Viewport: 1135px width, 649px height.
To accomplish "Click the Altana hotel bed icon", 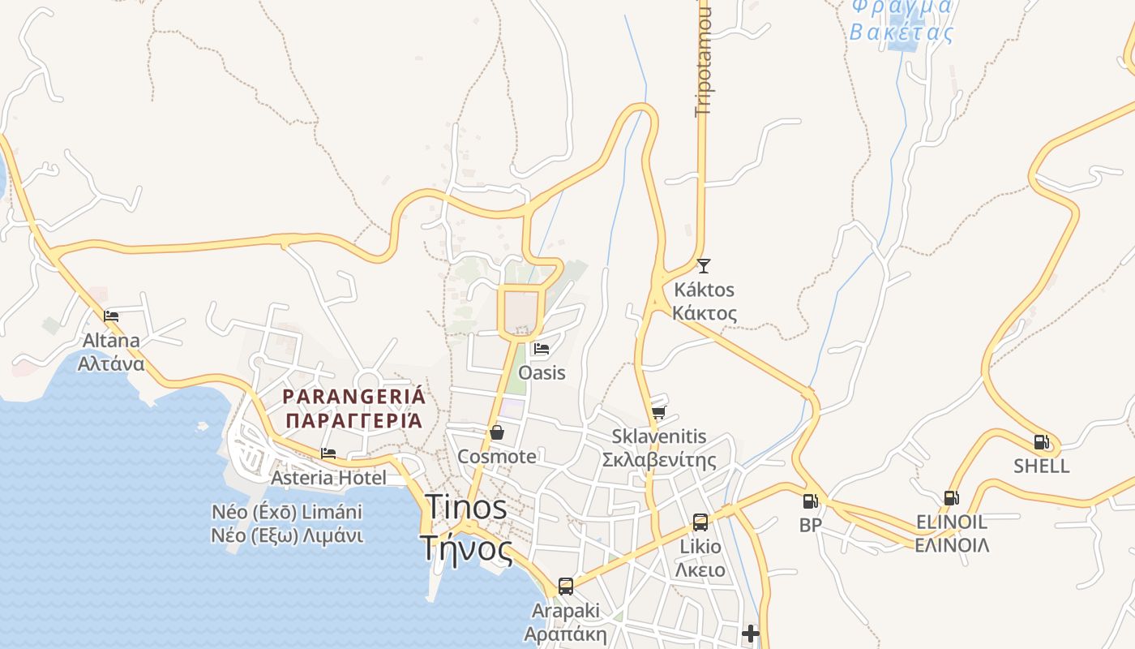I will point(111,316).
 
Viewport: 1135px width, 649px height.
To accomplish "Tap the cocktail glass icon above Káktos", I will point(703,265).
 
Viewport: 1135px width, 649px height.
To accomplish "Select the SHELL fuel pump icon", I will point(1042,442).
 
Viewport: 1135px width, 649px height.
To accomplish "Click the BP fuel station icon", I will point(810,501).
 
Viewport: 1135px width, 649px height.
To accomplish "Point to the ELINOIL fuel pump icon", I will point(951,497).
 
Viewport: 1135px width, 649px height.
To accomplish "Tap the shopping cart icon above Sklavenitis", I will point(658,412).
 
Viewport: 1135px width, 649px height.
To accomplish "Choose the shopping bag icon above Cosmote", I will point(497,432).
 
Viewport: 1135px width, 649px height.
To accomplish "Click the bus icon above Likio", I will point(700,522).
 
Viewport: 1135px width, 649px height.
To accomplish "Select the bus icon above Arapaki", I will point(565,586).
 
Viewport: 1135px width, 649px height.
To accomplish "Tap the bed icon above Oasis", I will point(542,349).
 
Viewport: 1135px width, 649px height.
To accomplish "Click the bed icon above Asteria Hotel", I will point(328,453).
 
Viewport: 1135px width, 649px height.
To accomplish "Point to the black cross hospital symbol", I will point(751,633).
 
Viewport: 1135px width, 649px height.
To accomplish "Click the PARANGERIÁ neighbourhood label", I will point(353,397).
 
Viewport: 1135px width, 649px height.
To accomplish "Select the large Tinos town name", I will point(466,508).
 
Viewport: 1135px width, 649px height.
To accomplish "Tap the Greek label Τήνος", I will point(467,549).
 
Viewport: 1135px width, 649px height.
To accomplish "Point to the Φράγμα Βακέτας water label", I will point(901,20).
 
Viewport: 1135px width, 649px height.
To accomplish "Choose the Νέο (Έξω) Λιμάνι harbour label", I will point(287,535).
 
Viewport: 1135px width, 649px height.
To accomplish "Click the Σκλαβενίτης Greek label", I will point(658,461).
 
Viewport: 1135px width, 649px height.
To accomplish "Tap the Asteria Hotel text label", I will point(328,478).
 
